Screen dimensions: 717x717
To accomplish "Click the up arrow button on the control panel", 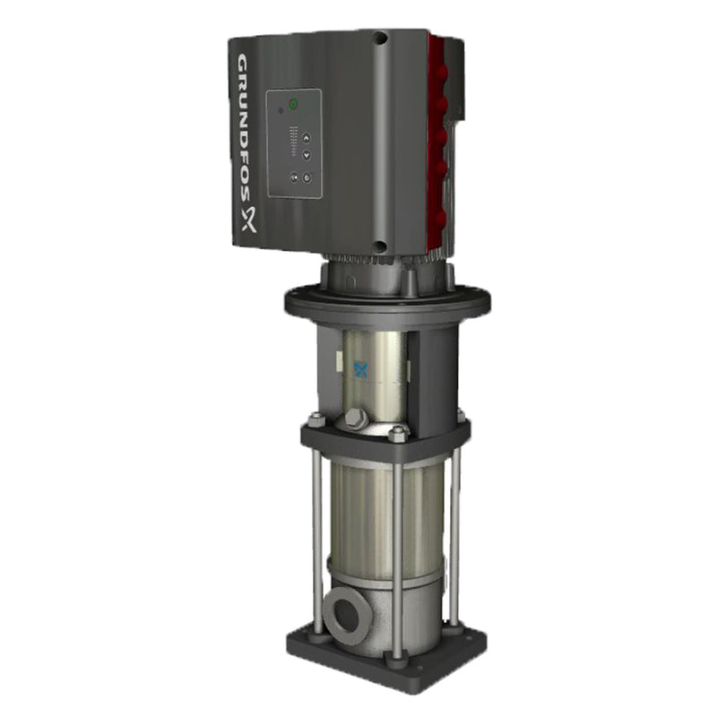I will (306, 138).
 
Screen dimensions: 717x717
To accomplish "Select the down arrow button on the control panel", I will (306, 155).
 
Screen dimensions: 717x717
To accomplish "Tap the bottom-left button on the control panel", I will (292, 178).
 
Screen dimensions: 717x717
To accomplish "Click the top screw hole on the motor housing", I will (381, 39).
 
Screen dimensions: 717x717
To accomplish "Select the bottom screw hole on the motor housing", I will (381, 246).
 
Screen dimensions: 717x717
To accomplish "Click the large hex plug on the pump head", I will (356, 419).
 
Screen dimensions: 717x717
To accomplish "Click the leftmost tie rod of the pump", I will (316, 538).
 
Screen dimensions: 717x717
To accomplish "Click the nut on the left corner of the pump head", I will (316, 419).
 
